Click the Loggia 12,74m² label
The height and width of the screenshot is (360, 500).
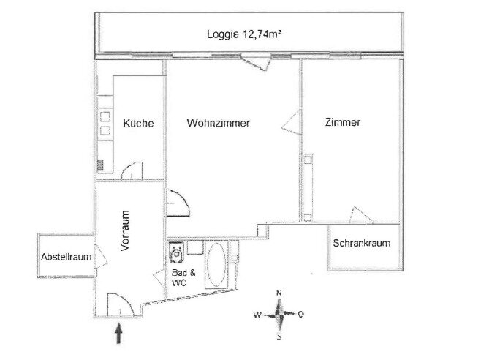click(244, 34)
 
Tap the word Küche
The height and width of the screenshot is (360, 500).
click(138, 123)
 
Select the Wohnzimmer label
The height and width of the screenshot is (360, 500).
click(219, 122)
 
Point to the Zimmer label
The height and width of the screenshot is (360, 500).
click(343, 122)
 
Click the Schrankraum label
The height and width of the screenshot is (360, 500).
click(362, 243)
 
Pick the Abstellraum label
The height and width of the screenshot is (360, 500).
click(67, 257)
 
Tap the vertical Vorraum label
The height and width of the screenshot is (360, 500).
click(125, 230)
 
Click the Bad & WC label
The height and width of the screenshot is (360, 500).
click(183, 277)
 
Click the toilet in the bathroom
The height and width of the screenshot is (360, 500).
click(177, 252)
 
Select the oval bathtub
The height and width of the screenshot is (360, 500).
click(216, 265)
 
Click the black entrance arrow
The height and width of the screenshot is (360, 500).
click(118, 333)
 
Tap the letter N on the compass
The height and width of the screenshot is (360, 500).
click(279, 293)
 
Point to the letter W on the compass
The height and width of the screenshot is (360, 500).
click(257, 315)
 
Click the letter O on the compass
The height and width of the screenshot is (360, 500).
click(300, 315)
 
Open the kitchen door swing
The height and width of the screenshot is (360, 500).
click(132, 171)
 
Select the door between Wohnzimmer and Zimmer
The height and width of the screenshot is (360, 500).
click(291, 122)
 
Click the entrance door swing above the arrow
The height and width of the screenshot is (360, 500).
click(121, 305)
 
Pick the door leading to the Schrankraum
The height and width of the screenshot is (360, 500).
click(360, 215)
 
